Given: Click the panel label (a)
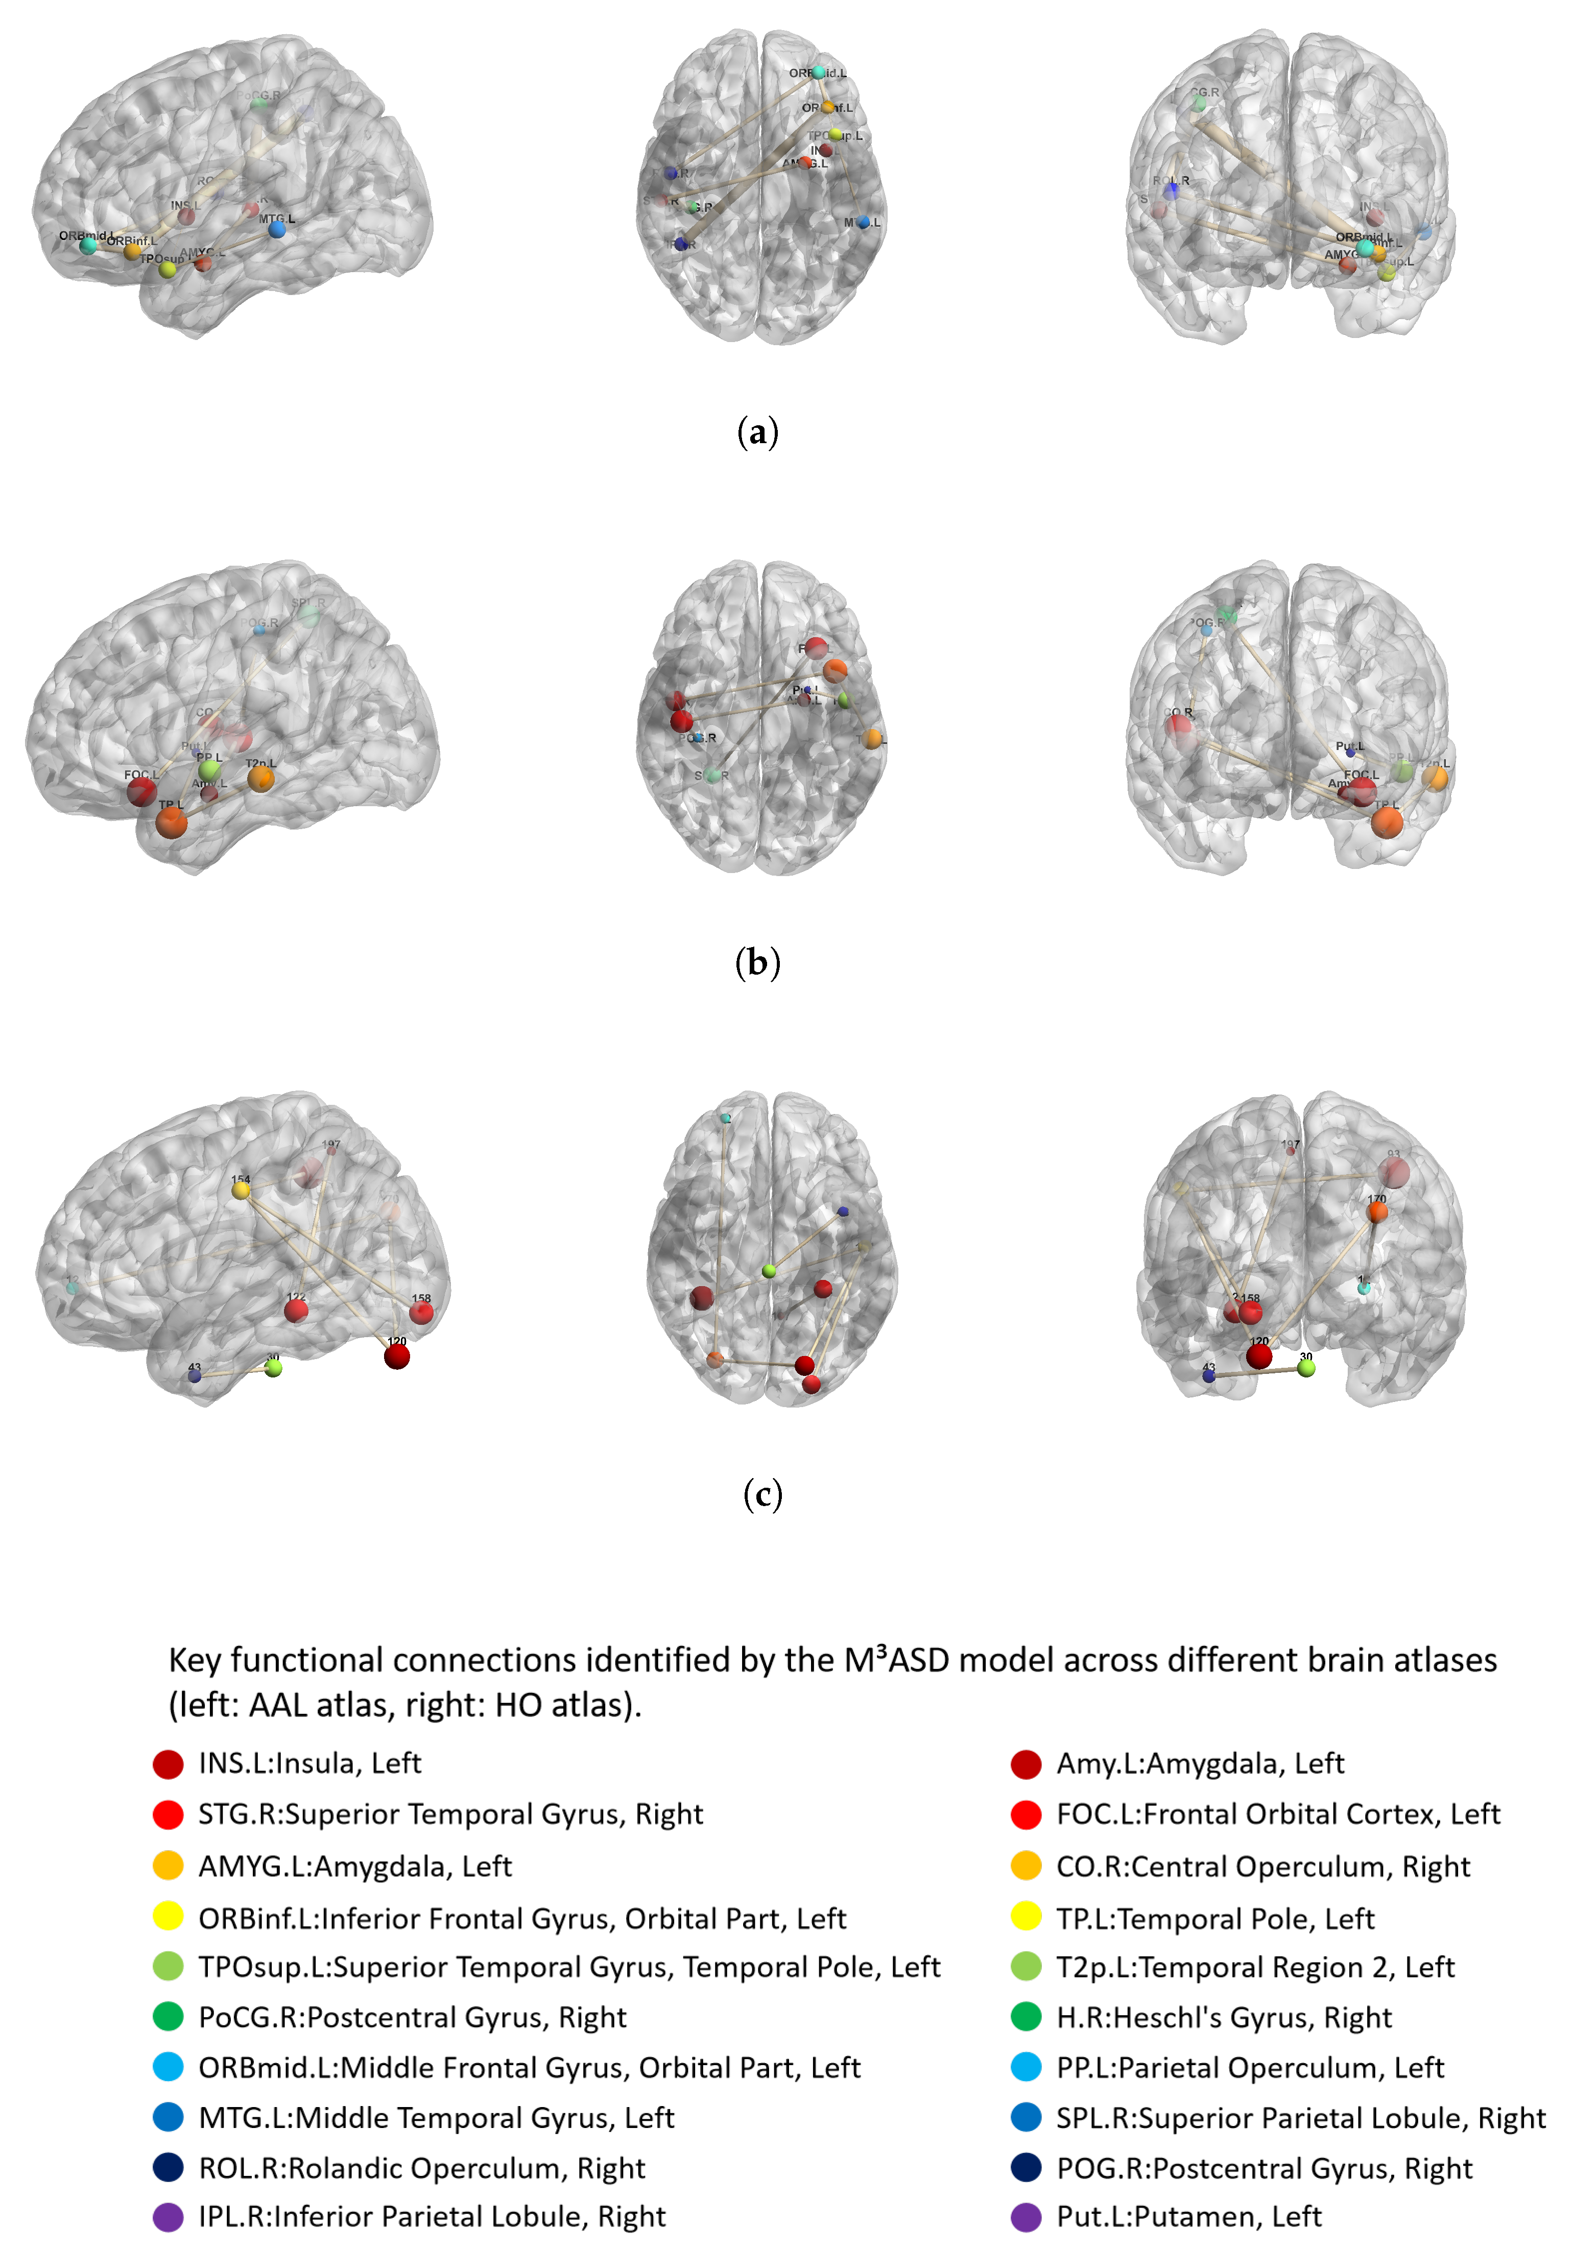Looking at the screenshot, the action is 757,431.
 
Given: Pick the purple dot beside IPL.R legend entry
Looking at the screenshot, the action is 169,2217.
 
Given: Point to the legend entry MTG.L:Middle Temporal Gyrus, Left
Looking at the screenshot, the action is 436,2118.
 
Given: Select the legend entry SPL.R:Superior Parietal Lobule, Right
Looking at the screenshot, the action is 1301,2118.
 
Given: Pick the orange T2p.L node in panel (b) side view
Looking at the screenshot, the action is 260,779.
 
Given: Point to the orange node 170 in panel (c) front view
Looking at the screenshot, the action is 1377,1212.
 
